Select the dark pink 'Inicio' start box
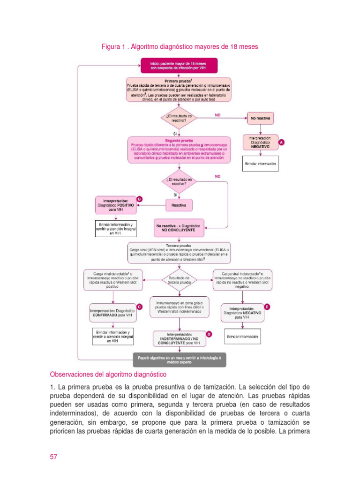pos(179,65)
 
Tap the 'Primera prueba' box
pos(179,89)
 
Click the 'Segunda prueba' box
pos(179,150)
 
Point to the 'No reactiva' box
pos(260,119)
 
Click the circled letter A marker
pos(281,141)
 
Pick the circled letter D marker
pos(209,334)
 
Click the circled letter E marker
pos(267,307)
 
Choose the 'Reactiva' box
pos(179,205)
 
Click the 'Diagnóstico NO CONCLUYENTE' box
pos(179,228)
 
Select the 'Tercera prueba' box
pos(179,252)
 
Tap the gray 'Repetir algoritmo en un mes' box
pos(179,360)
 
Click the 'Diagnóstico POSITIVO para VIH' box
pos(115,205)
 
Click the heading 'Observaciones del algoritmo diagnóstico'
pos(108,375)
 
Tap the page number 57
pos(53,457)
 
